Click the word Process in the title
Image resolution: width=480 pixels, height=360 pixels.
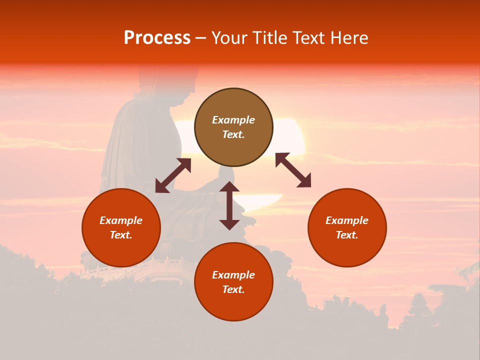coord(157,38)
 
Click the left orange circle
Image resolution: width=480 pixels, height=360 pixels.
coord(121,227)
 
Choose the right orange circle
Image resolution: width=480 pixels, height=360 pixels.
coord(347,227)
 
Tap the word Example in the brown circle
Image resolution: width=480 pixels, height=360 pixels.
coord(233,120)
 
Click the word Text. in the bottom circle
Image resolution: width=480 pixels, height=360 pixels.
coord(233,289)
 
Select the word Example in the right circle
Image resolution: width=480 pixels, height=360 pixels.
coord(347,220)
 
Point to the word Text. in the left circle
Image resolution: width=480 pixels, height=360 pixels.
coord(121,235)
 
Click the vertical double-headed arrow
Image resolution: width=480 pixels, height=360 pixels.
coord(229,205)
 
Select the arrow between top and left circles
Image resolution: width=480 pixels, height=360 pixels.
coord(173,175)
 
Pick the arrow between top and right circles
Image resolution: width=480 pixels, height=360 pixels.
coord(293,170)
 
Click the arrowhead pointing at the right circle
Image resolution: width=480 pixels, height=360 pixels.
coord(304,181)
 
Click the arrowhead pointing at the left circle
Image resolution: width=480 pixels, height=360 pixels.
coord(161,186)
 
